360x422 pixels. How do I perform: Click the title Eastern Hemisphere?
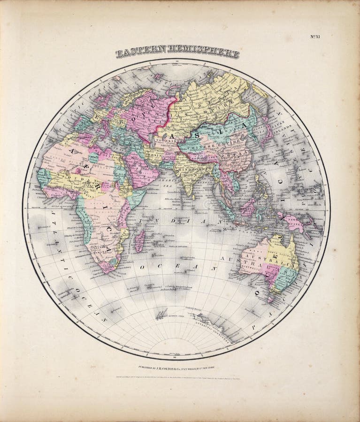pyautogui.click(x=177, y=52)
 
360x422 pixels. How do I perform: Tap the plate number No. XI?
pyautogui.click(x=315, y=37)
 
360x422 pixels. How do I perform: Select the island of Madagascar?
pyautogui.click(x=139, y=241)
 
